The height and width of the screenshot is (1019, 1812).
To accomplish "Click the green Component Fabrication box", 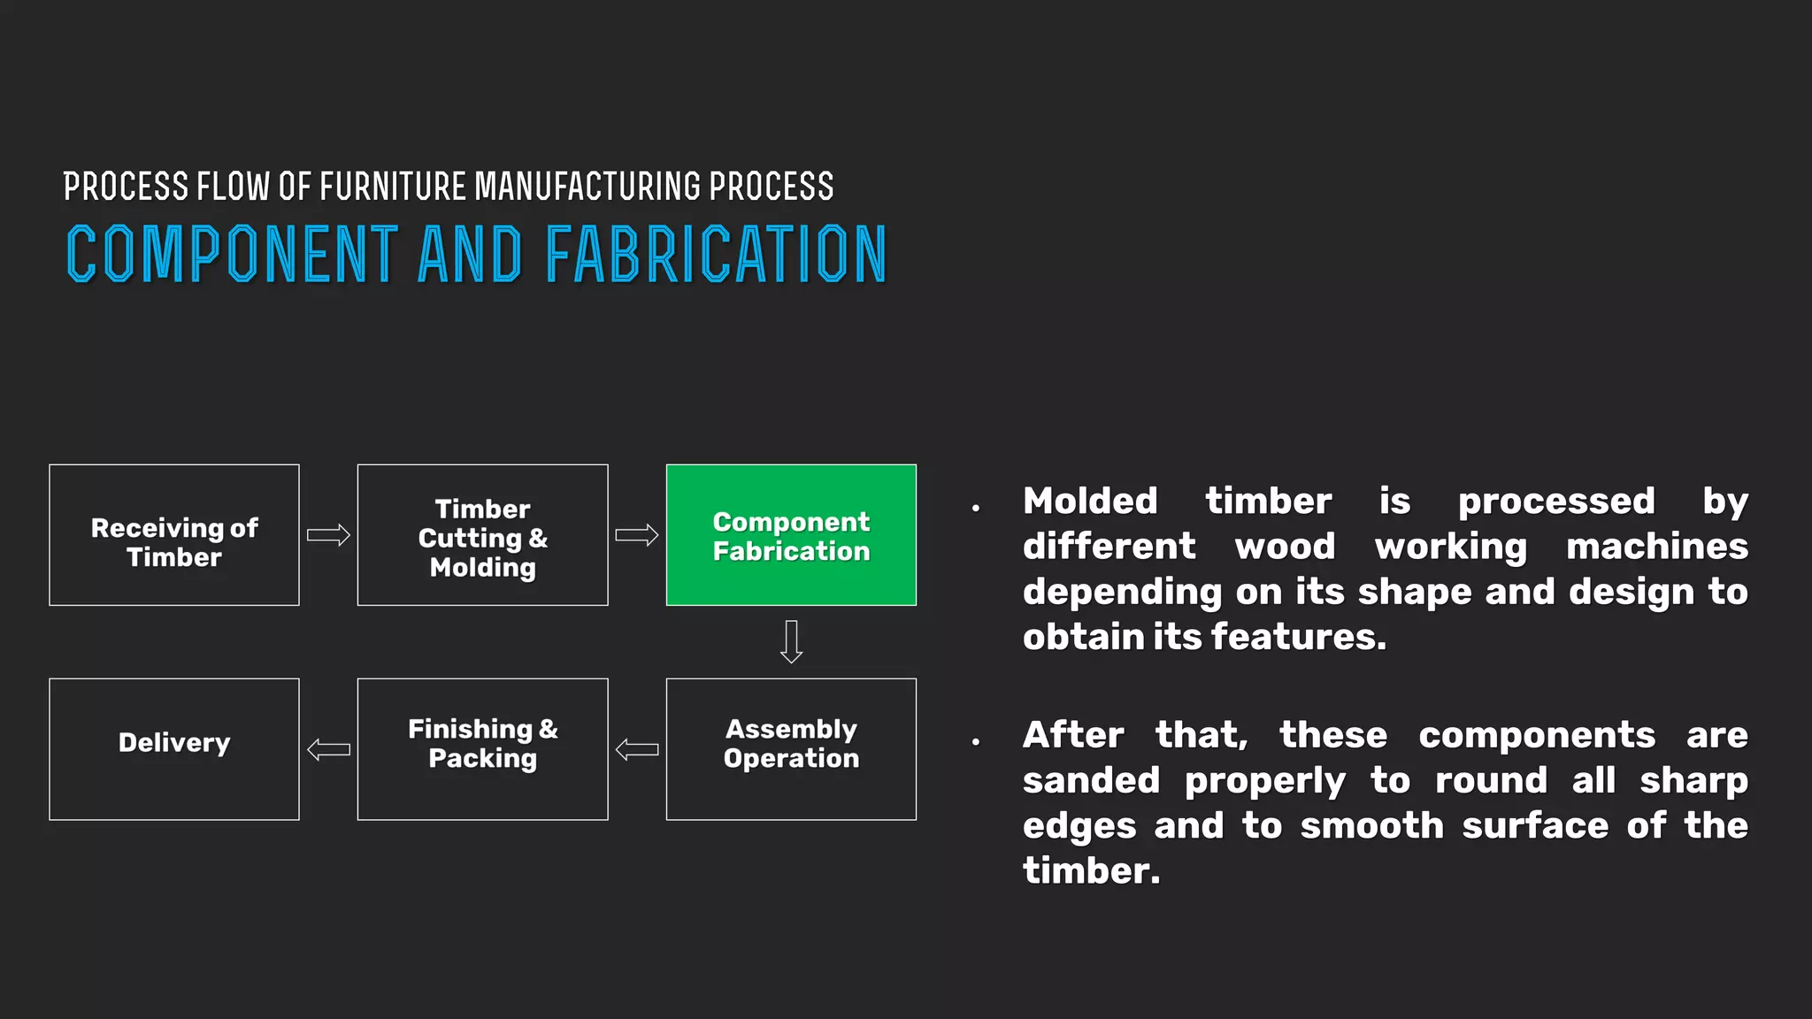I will point(791,535).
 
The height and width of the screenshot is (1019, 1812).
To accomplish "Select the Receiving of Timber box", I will point(174,535).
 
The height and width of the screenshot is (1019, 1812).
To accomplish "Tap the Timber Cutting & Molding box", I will point(482,535).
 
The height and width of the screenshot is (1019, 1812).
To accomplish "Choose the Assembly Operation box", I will point(791,749).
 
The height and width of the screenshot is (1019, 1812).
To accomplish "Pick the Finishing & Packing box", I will point(482,749).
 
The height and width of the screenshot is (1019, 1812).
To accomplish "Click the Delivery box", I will point(174,749).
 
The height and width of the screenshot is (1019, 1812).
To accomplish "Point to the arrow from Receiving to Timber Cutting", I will point(328,535).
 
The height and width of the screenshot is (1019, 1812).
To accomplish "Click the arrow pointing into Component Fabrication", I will point(637,535).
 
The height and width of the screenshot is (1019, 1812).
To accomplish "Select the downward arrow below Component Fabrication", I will point(791,642).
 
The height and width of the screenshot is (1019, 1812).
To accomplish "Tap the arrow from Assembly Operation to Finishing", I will point(637,750).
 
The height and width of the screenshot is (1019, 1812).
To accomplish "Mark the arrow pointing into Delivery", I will point(328,750).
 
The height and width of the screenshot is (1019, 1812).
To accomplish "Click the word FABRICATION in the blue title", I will point(715,255).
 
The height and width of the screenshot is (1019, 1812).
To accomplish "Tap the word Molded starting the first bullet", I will point(1090,502).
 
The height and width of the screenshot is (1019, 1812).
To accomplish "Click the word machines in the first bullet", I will point(1656,547).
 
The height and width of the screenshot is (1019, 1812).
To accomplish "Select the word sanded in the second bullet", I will point(1090,781).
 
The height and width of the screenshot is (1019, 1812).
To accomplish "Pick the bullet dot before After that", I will point(976,741).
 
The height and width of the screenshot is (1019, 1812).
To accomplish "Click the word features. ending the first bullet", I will point(1298,637).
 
